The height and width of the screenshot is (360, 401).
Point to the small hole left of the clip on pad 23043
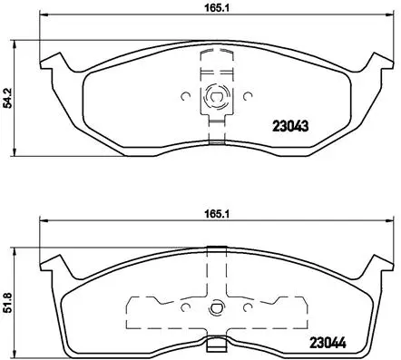[185, 94]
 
